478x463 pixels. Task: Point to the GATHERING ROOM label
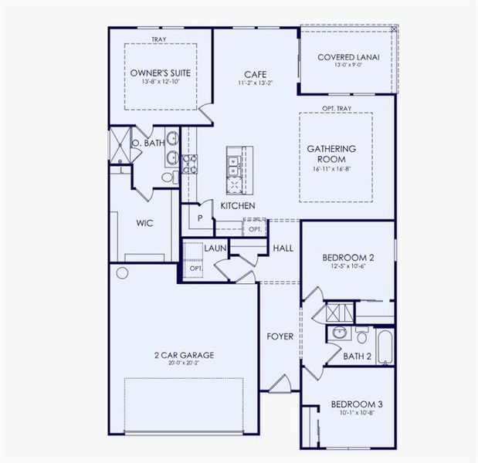pos(331,154)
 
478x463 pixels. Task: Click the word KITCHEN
pos(238,206)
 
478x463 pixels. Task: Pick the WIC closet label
pos(144,223)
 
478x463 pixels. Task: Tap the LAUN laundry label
pos(215,248)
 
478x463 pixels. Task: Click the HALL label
pos(283,248)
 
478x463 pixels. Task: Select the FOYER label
pos(279,336)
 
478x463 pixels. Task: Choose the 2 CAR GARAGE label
pos(184,355)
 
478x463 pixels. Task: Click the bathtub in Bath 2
pos(384,342)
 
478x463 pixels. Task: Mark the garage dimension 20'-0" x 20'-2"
pos(184,363)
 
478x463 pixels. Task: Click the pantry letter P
pos(199,218)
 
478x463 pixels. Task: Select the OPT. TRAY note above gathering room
pos(337,110)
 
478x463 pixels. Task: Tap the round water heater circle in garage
pos(122,273)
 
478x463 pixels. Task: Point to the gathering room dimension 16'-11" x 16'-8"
pos(331,168)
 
